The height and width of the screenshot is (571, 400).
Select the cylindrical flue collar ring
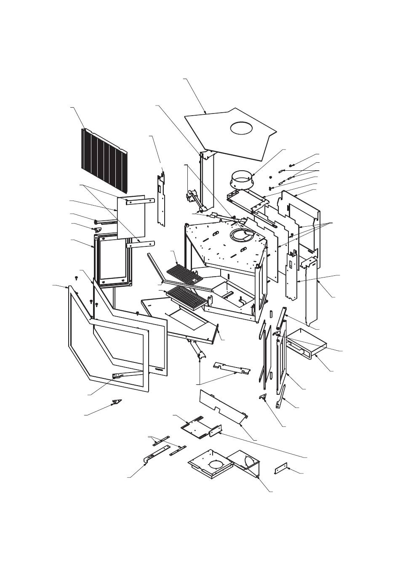pyautogui.click(x=242, y=180)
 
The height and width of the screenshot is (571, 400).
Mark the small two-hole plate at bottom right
pyautogui.click(x=280, y=468)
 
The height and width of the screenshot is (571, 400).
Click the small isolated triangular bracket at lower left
pyautogui.click(x=116, y=402)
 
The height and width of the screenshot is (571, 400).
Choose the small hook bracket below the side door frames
pyautogui.click(x=263, y=397)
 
